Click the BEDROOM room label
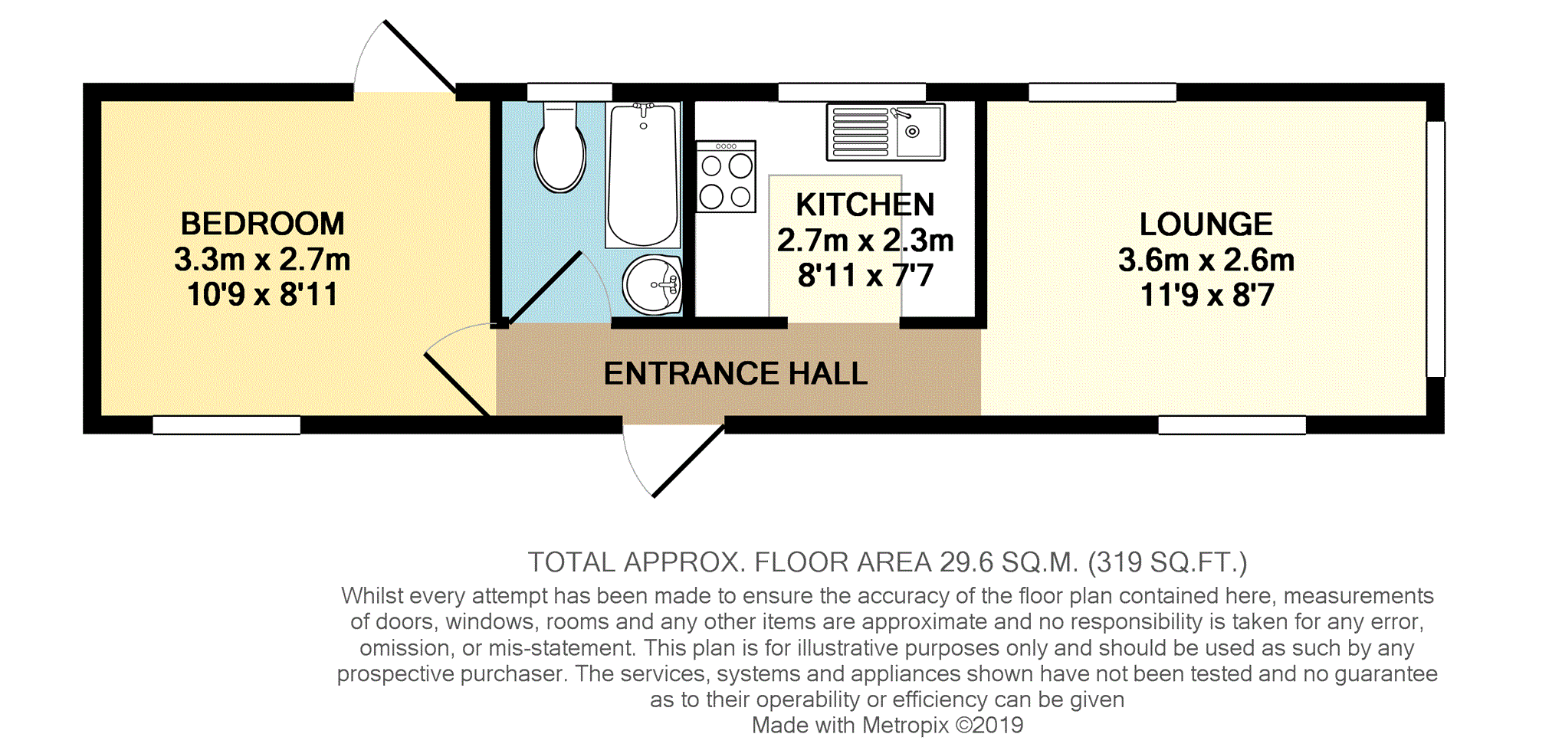click(262, 224)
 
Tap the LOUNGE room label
click(1206, 224)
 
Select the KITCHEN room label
click(865, 205)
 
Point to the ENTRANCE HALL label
click(736, 374)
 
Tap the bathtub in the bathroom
click(643, 175)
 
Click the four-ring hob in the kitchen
click(726, 177)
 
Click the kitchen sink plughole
click(912, 132)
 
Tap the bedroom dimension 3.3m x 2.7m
click(262, 260)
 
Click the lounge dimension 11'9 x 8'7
click(1206, 295)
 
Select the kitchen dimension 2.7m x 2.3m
click(865, 241)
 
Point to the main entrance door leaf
click(688, 461)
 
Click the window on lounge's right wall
click(1436, 249)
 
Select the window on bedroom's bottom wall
click(227, 425)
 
